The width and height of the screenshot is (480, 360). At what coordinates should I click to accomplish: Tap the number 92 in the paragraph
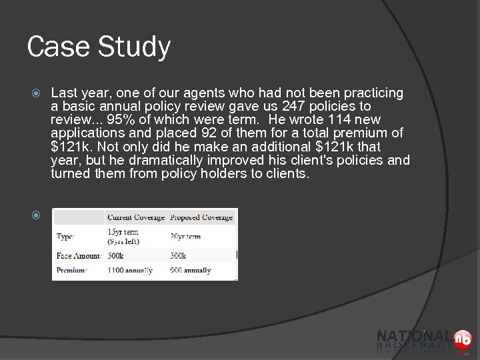point(195,134)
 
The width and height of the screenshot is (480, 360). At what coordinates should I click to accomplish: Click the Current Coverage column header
point(135,217)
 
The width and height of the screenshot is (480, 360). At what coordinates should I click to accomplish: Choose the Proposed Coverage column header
point(201,217)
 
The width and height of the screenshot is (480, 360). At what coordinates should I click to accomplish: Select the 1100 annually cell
point(130,270)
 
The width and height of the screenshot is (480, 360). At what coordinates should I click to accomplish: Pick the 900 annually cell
point(191,270)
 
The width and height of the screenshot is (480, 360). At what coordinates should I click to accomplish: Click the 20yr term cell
point(186,236)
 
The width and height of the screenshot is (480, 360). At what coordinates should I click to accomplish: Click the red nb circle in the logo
point(461,339)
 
